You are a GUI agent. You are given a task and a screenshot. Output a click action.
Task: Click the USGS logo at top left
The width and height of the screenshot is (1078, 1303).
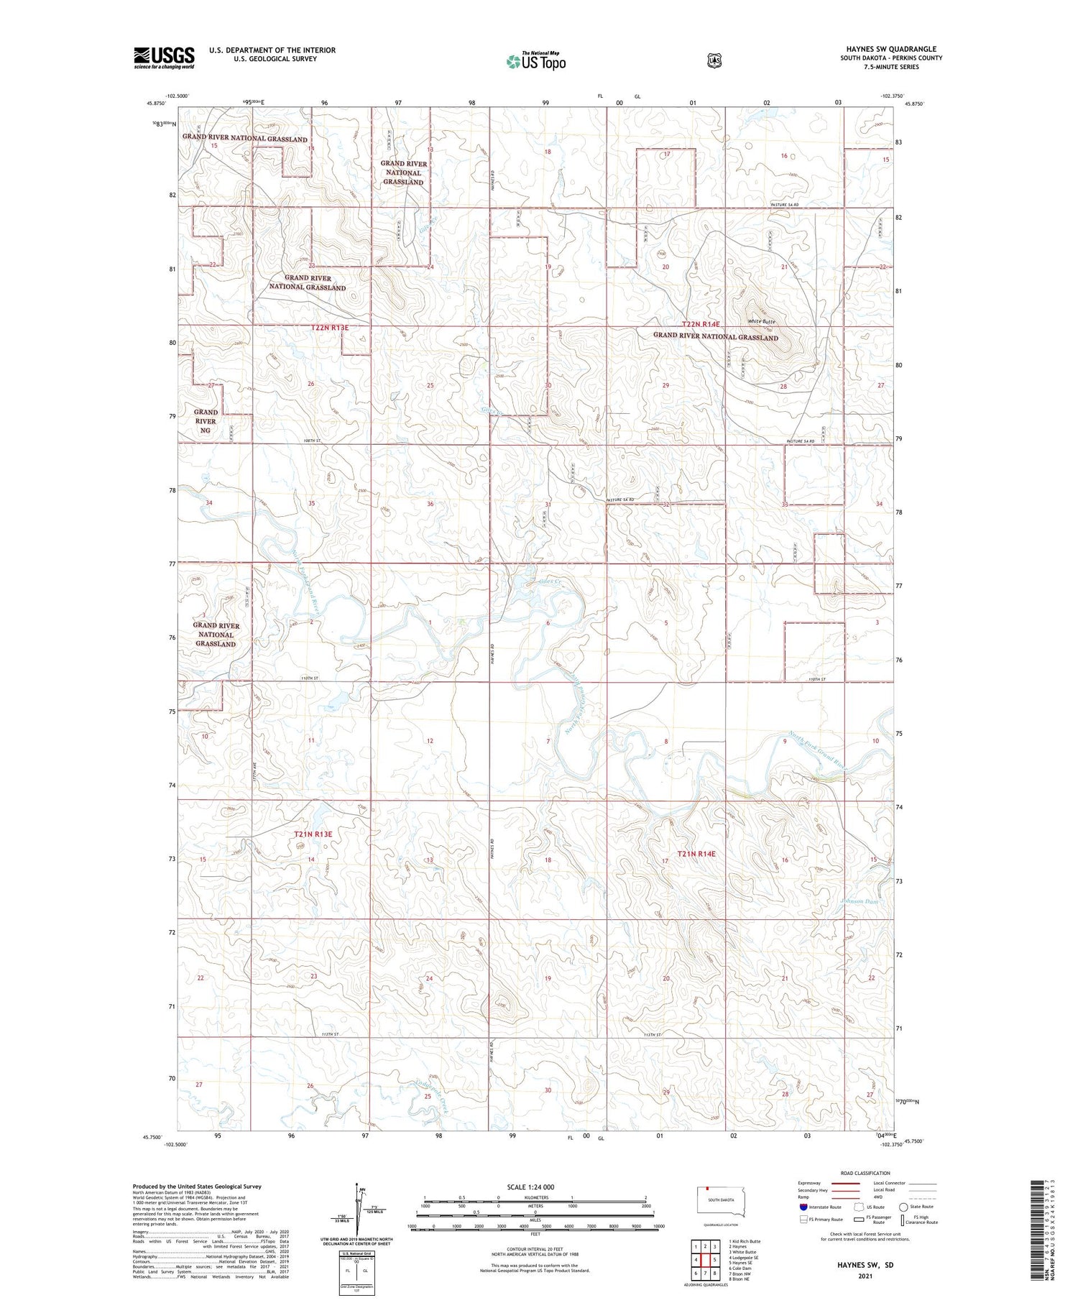point(164,57)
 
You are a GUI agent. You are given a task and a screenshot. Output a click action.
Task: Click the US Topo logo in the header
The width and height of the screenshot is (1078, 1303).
point(536,62)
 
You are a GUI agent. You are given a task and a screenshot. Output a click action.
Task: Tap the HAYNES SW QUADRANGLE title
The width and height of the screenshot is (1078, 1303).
point(890,50)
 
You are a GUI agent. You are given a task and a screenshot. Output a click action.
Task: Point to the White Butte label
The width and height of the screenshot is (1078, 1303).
point(761,321)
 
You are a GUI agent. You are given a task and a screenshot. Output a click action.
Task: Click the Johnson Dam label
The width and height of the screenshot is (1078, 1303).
point(859,901)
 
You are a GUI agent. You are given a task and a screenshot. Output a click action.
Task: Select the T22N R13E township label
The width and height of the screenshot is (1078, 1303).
point(330,328)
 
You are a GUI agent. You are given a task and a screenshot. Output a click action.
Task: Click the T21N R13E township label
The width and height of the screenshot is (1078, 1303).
point(313,834)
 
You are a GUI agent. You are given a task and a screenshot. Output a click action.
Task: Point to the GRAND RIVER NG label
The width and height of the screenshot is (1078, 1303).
point(206,421)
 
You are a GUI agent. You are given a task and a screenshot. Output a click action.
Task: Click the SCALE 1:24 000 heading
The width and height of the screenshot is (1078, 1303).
point(530,1187)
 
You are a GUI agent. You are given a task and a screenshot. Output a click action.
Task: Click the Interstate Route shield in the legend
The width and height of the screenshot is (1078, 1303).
point(803,1207)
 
